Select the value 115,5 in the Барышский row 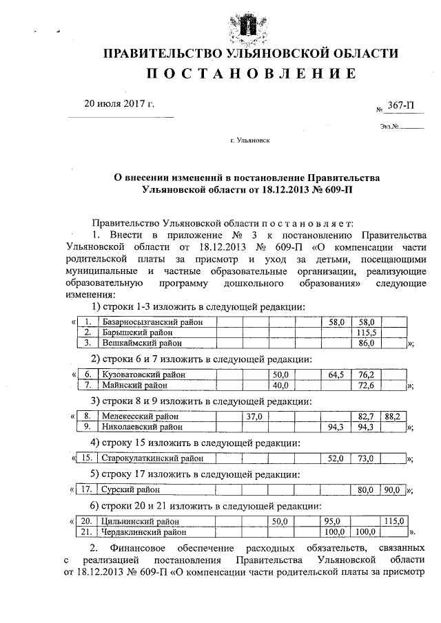pyautogui.click(x=365, y=332)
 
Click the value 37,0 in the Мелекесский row pyautogui.click(x=254, y=416)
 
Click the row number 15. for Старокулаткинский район pyautogui.click(x=86, y=458)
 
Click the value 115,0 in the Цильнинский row pyautogui.click(x=394, y=522)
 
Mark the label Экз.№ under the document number pyautogui.click(x=389, y=126)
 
